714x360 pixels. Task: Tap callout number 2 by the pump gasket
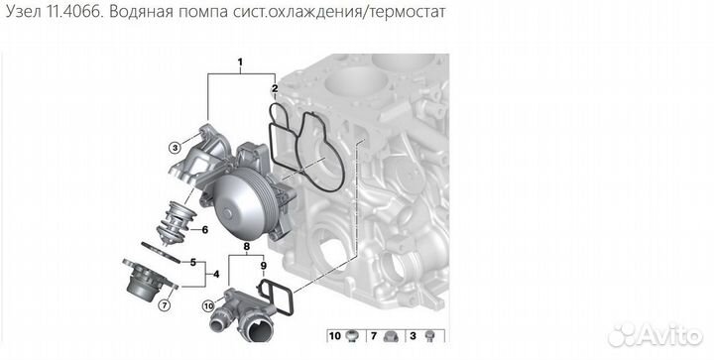[276, 89]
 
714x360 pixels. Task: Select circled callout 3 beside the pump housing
[174, 148]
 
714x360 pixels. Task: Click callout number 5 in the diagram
[193, 262]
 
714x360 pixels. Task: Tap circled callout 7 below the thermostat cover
[165, 291]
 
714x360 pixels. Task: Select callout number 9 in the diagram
[263, 266]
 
